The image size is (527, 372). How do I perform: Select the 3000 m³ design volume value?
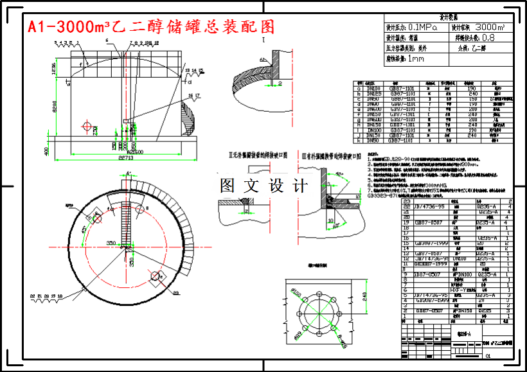(489, 28)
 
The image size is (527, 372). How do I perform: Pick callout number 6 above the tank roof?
(107, 40)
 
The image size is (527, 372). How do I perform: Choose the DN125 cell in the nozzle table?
(372, 93)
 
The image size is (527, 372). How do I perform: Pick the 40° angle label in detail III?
(337, 175)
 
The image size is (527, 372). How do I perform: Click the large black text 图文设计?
(263, 186)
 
